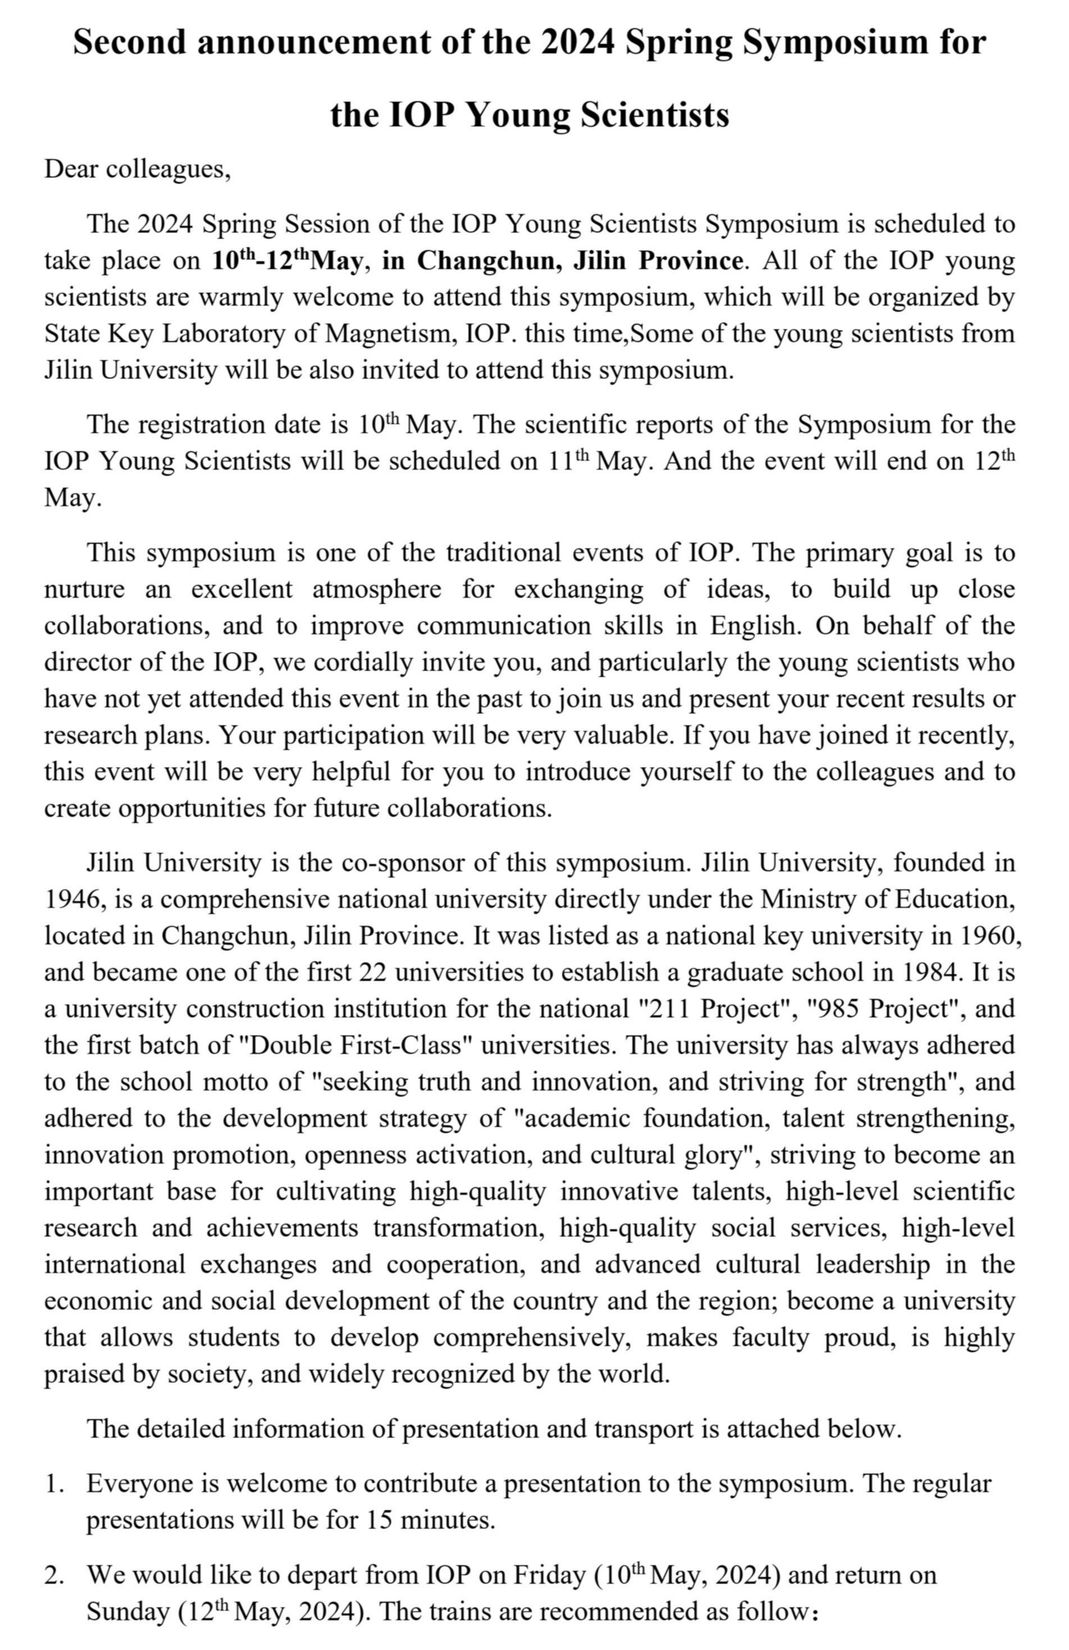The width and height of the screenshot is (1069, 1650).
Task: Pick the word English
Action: [x=754, y=625]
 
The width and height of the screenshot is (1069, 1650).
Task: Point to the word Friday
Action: [x=549, y=1575]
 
